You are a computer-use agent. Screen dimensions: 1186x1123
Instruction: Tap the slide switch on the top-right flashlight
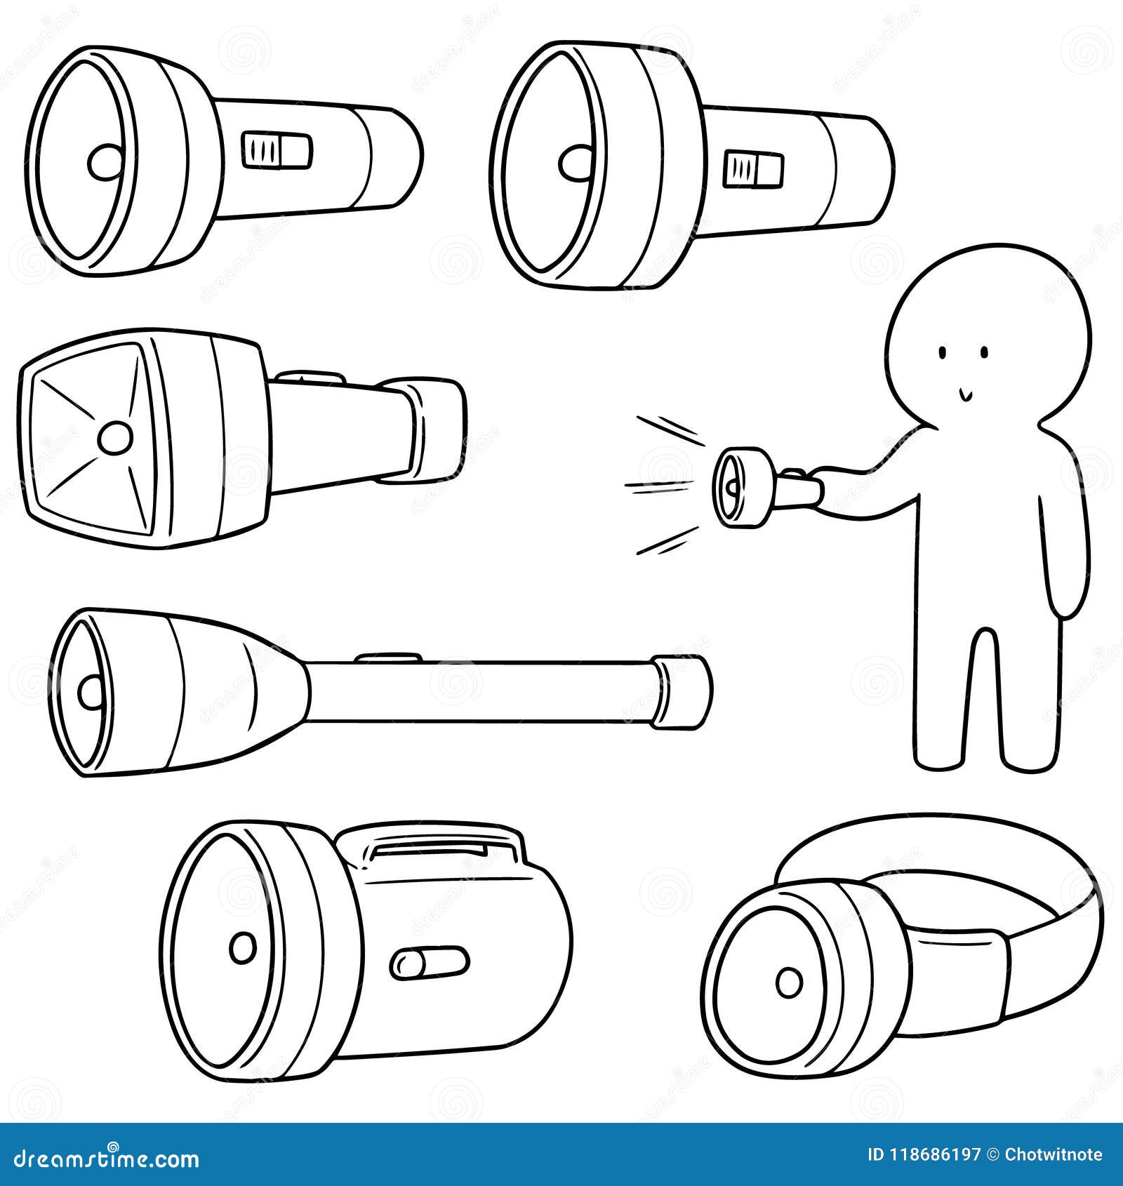pyautogui.click(x=752, y=168)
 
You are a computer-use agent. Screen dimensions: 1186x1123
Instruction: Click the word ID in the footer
pyautogui.click(x=877, y=1154)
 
